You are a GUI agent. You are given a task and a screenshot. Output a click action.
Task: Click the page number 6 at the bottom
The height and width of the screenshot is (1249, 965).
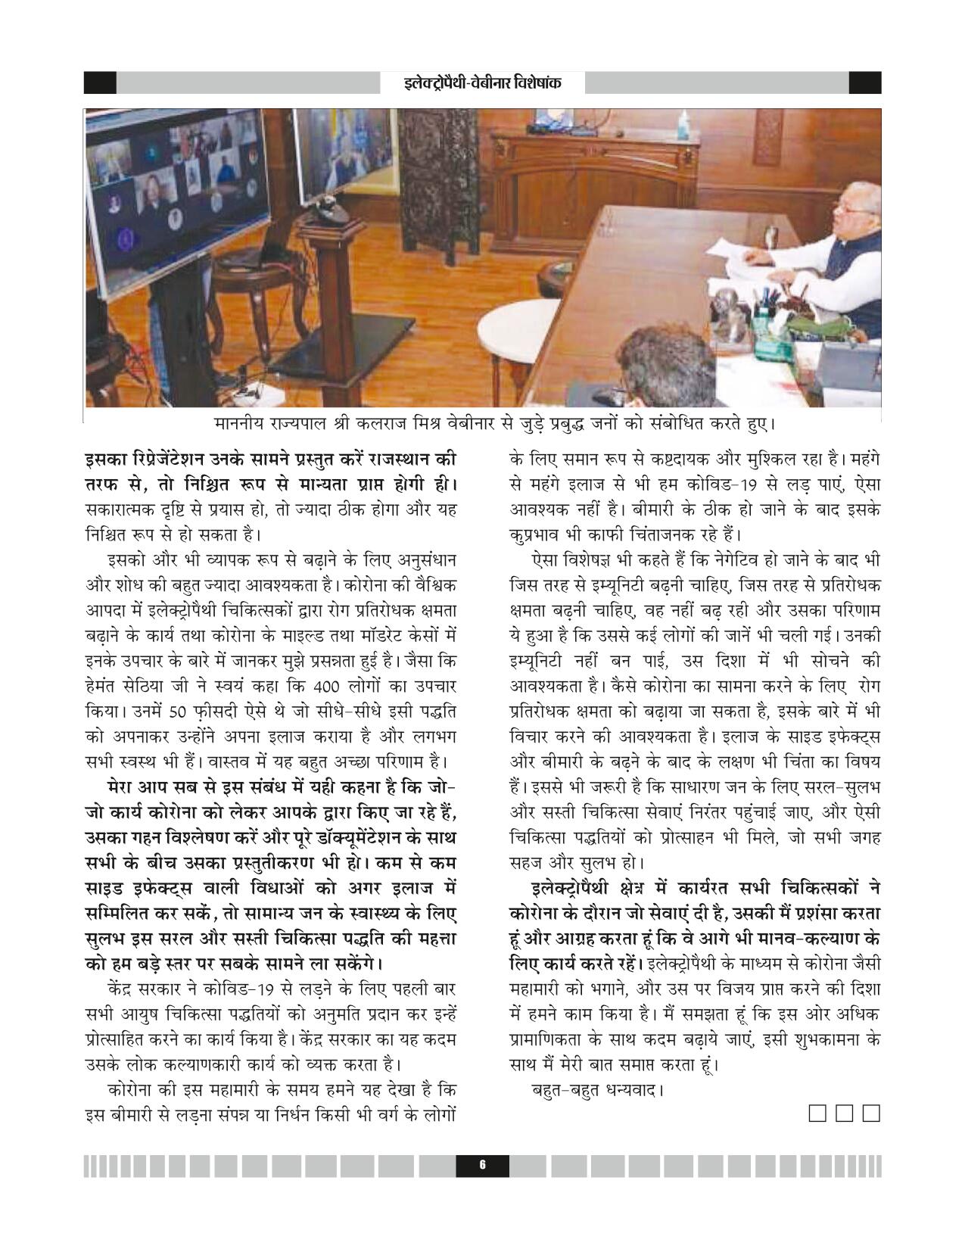[x=482, y=1166]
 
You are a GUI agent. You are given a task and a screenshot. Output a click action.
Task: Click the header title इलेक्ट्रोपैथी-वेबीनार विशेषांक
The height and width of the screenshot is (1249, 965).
[x=482, y=83]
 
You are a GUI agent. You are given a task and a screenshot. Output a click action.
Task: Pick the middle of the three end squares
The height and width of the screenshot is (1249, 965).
[x=845, y=1114]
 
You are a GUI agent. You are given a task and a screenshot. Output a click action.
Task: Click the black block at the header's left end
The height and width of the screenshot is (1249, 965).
[x=100, y=83]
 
